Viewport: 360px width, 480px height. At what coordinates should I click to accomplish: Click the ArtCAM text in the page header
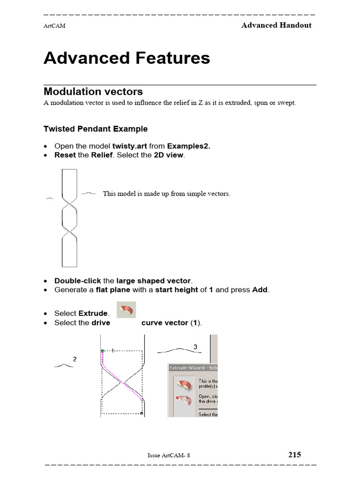tap(54, 26)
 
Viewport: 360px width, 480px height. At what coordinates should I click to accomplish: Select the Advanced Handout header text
tap(276, 25)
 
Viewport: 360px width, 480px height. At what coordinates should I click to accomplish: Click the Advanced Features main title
tap(127, 58)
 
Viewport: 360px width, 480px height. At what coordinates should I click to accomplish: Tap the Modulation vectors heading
tap(93, 91)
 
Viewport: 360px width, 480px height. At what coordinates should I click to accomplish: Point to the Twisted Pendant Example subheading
tap(95, 129)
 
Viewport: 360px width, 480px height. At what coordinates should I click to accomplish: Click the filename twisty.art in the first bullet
tap(129, 146)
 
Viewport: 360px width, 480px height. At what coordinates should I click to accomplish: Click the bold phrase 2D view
tap(169, 155)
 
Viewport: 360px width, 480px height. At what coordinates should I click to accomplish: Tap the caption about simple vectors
tap(166, 194)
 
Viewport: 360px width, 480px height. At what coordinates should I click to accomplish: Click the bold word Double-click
tap(77, 281)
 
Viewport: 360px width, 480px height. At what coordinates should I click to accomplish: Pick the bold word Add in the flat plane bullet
tap(260, 290)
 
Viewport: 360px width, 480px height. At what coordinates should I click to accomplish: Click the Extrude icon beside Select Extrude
tap(126, 311)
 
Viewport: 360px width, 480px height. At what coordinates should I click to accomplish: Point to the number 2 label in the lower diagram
tap(75, 359)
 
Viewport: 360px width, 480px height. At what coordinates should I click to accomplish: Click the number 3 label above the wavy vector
tap(195, 347)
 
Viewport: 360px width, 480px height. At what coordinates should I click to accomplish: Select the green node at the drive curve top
tap(102, 351)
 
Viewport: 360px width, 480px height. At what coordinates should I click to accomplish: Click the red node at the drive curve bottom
tap(142, 413)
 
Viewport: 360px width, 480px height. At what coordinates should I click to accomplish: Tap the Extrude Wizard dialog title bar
tap(193, 368)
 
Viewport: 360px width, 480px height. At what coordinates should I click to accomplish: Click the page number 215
tap(294, 455)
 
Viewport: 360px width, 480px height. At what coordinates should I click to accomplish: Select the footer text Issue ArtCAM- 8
tap(169, 455)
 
